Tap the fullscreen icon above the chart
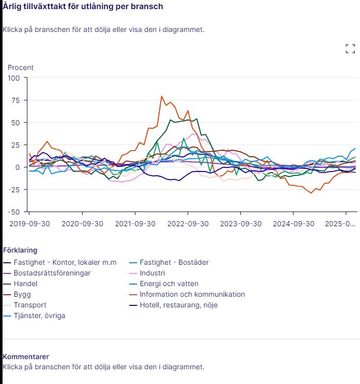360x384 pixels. pyautogui.click(x=350, y=49)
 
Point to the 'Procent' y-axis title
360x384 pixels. pyautogui.click(x=20, y=67)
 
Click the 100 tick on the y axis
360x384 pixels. pyautogui.click(x=13, y=78)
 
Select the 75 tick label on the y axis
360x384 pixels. pyautogui.click(x=14, y=100)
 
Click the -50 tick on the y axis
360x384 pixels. pyautogui.click(x=13, y=212)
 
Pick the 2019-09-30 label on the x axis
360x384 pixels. pyautogui.click(x=29, y=223)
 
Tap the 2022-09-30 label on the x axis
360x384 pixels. pyautogui.click(x=188, y=223)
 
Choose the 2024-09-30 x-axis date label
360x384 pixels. pyautogui.click(x=293, y=223)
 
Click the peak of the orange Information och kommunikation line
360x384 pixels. pyautogui.click(x=162, y=96)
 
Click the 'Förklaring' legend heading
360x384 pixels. pyautogui.click(x=20, y=250)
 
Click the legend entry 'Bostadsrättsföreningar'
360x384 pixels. pyautogui.click(x=52, y=273)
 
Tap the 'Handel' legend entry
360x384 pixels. pyautogui.click(x=26, y=284)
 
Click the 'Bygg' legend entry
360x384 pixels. pyautogui.click(x=22, y=294)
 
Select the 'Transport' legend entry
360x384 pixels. pyautogui.click(x=30, y=305)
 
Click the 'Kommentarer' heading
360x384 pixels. pyautogui.click(x=26, y=357)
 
